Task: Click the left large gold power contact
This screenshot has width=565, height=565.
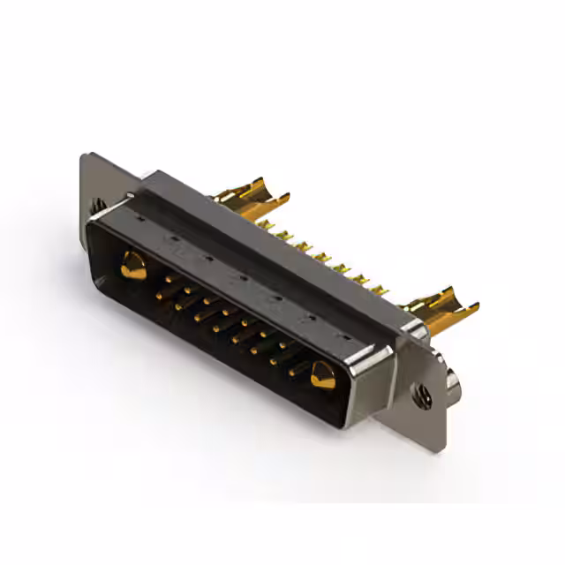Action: pyautogui.click(x=133, y=265)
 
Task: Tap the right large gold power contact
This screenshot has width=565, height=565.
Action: pyautogui.click(x=322, y=373)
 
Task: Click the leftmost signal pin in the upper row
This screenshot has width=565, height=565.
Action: pyautogui.click(x=166, y=284)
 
